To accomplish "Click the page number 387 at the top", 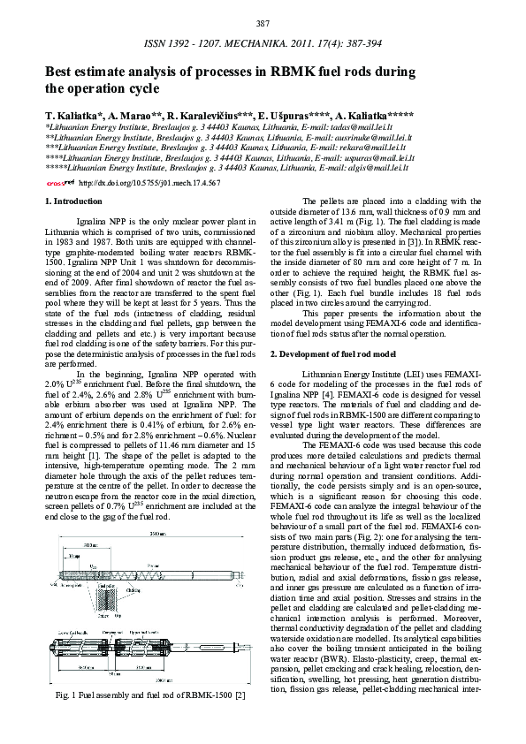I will pos(263,22).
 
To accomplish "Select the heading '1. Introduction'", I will pos(72,202).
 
